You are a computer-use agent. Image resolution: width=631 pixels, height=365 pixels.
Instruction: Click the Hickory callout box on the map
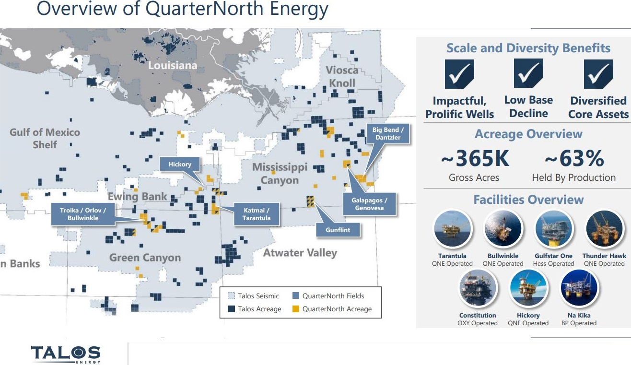[180, 164]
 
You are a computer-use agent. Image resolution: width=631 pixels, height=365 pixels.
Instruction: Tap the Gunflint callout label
[338, 230]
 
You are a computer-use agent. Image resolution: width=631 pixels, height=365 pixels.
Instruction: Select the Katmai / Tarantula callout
[257, 214]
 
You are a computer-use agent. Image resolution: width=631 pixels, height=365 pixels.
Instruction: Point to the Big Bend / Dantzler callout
[388, 134]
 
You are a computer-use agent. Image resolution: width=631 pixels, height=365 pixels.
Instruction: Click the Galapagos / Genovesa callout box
[369, 204]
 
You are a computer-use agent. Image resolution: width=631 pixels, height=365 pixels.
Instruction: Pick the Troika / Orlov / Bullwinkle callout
[83, 214]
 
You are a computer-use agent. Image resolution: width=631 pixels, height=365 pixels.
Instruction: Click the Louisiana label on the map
[173, 65]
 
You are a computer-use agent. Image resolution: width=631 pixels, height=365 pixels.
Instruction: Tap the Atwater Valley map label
[300, 253]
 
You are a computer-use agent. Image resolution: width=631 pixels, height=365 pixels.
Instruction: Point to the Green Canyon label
[145, 258]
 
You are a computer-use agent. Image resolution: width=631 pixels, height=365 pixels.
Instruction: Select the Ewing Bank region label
[138, 196]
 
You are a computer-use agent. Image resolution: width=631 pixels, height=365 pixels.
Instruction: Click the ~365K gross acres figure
[475, 158]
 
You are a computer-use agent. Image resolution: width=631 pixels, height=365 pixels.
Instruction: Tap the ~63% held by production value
[574, 158]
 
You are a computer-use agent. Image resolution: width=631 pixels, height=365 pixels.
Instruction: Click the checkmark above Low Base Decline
[528, 73]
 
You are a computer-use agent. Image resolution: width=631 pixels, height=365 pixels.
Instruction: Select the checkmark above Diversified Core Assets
[598, 74]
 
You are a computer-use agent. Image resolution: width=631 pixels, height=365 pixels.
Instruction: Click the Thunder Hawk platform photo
[604, 229]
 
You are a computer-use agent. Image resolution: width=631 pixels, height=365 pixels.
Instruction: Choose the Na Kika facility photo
[579, 288]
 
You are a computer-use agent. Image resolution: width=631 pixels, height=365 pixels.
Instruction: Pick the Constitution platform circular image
[478, 288]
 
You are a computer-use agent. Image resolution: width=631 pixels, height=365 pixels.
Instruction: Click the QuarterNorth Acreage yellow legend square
[295, 309]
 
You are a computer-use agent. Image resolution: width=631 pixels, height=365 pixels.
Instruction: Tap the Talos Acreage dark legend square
[231, 309]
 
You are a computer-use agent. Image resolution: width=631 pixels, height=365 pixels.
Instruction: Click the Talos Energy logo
[66, 354]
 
